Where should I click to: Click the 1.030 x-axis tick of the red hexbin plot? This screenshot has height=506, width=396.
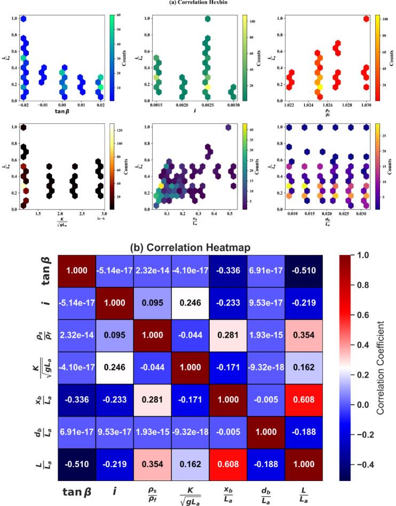click(365, 106)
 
